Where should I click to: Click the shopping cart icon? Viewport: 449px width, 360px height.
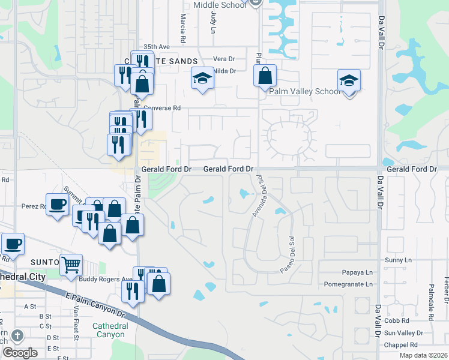71,263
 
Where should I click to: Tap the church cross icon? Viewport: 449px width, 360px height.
17,335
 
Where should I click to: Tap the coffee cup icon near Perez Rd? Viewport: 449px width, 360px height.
58,204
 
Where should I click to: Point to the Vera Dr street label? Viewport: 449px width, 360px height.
224,59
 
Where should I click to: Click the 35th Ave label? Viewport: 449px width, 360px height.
157,46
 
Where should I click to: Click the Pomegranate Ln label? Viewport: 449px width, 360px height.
348,284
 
